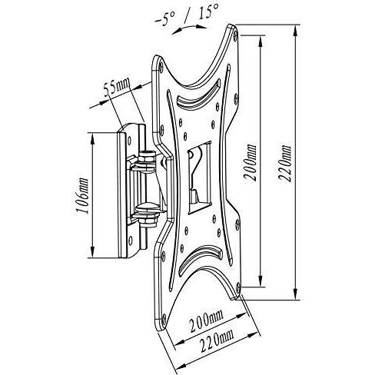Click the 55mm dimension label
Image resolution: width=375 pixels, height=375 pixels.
coord(117,87)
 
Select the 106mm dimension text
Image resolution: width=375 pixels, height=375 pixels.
coord(83,195)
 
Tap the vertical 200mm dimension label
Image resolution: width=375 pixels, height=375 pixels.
coord(250,163)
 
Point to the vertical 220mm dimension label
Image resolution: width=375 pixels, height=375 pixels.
coord(284,164)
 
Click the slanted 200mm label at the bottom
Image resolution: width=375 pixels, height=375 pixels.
coord(206,320)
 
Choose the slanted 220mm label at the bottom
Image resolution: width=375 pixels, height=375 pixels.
coord(217,340)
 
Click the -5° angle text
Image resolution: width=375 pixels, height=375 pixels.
coord(165,18)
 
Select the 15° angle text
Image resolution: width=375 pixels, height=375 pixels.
coord(208,12)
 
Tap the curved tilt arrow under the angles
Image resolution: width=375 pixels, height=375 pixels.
coord(189,28)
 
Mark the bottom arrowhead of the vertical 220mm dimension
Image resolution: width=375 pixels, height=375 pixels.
coord(296,294)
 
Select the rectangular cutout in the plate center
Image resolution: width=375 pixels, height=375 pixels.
coord(200,178)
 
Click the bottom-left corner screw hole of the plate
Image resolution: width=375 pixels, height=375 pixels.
coord(164,319)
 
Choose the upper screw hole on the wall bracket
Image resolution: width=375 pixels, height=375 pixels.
coord(129,140)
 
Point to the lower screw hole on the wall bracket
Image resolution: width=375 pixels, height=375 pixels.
coord(131,241)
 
